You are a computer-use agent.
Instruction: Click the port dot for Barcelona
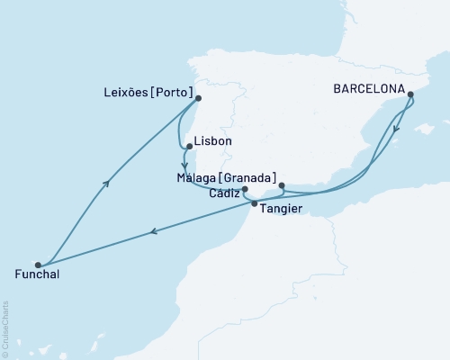[x=410, y=94]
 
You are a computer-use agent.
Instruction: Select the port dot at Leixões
[x=198, y=99]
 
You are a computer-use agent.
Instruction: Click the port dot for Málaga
[x=282, y=186]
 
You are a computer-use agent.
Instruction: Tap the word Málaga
[x=201, y=178]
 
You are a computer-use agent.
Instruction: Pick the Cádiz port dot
[x=245, y=189]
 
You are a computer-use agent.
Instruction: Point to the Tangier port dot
[x=254, y=203]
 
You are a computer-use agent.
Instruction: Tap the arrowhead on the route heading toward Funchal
[x=155, y=232]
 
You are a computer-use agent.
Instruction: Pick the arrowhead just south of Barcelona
[x=396, y=126]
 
